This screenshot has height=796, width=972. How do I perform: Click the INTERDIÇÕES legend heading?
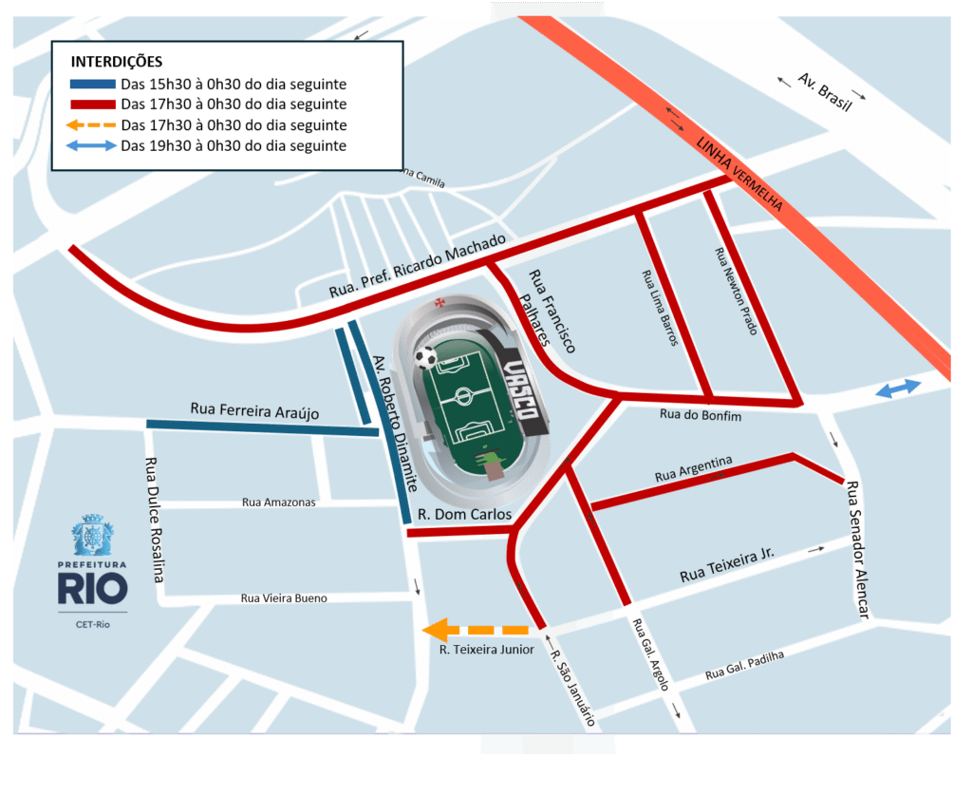coord(117,62)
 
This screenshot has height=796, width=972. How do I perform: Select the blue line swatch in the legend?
coord(92,84)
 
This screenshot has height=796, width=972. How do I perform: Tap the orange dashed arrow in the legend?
coord(92,125)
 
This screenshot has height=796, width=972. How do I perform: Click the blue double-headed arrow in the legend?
coord(92,146)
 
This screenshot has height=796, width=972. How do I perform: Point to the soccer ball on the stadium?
coord(426,357)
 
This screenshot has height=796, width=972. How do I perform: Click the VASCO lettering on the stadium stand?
coord(523,391)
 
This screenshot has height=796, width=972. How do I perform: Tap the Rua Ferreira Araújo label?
coord(254,411)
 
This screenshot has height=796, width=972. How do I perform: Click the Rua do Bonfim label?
coord(700,415)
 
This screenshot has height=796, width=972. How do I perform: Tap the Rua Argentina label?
coord(693,468)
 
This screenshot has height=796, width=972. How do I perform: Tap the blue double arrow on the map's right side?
coord(897,389)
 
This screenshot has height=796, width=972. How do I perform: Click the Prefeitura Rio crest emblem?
coord(92,535)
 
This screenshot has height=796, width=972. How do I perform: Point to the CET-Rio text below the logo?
coord(92,623)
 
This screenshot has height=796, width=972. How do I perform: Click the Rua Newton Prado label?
coord(736,292)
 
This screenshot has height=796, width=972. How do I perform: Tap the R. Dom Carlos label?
coord(464,515)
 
